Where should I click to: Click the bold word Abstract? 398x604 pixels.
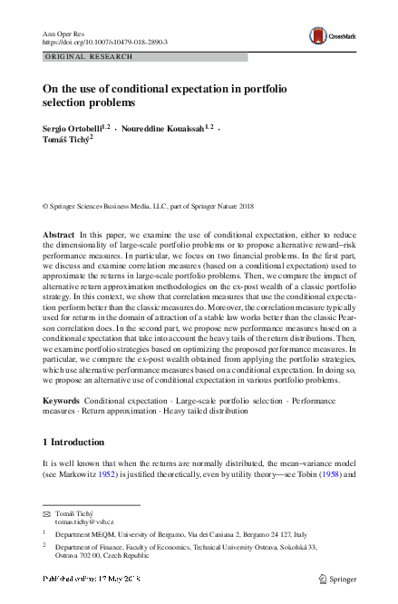(59, 235)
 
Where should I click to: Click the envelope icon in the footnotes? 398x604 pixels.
(47, 513)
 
